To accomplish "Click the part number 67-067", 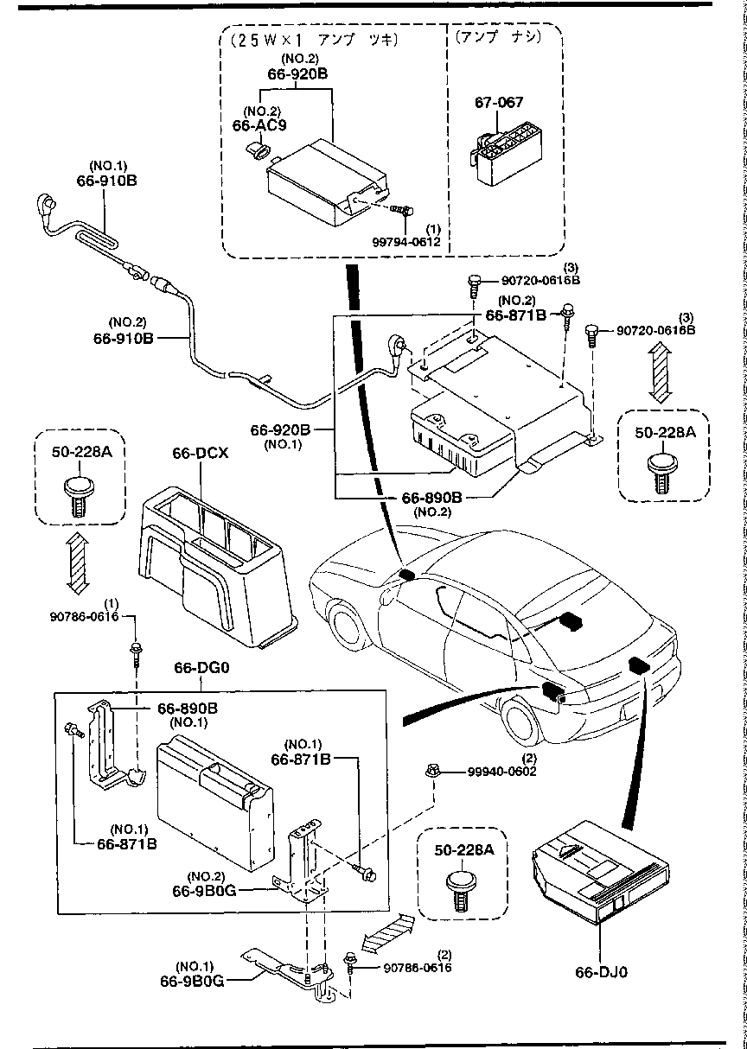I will (x=499, y=102).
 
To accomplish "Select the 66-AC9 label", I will (x=259, y=125).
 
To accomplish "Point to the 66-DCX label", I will (x=200, y=453).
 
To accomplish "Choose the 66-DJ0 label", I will (x=601, y=971).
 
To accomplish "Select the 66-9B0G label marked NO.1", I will (x=192, y=981).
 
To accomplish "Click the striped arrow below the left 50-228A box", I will (x=76, y=563).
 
